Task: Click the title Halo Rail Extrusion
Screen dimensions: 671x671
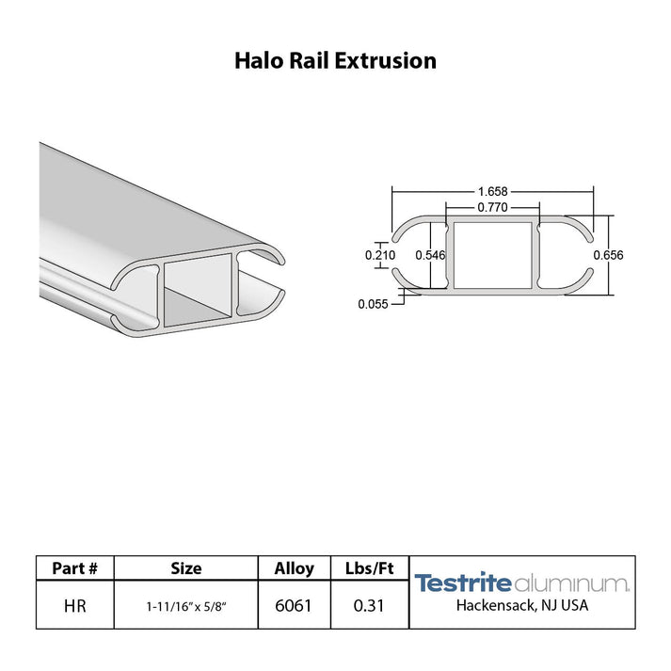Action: click(x=335, y=61)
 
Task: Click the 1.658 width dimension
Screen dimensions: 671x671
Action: click(x=492, y=191)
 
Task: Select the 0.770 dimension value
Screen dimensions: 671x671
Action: click(x=492, y=207)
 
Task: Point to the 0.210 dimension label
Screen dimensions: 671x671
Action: click(x=380, y=255)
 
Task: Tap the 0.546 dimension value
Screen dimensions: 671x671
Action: click(x=430, y=255)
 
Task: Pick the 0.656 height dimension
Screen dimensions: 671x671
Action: click(x=608, y=255)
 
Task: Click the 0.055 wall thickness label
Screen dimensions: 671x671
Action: click(x=373, y=303)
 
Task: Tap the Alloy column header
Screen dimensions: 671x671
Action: click(x=294, y=568)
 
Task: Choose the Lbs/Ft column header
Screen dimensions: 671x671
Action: click(x=370, y=568)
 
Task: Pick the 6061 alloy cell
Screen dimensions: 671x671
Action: click(x=294, y=605)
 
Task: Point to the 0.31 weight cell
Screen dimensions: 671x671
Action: click(x=370, y=605)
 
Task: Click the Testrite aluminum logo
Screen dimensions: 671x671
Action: click(x=521, y=583)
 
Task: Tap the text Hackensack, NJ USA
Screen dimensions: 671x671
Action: click(x=521, y=605)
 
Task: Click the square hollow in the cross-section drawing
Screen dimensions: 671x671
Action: click(x=492, y=255)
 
